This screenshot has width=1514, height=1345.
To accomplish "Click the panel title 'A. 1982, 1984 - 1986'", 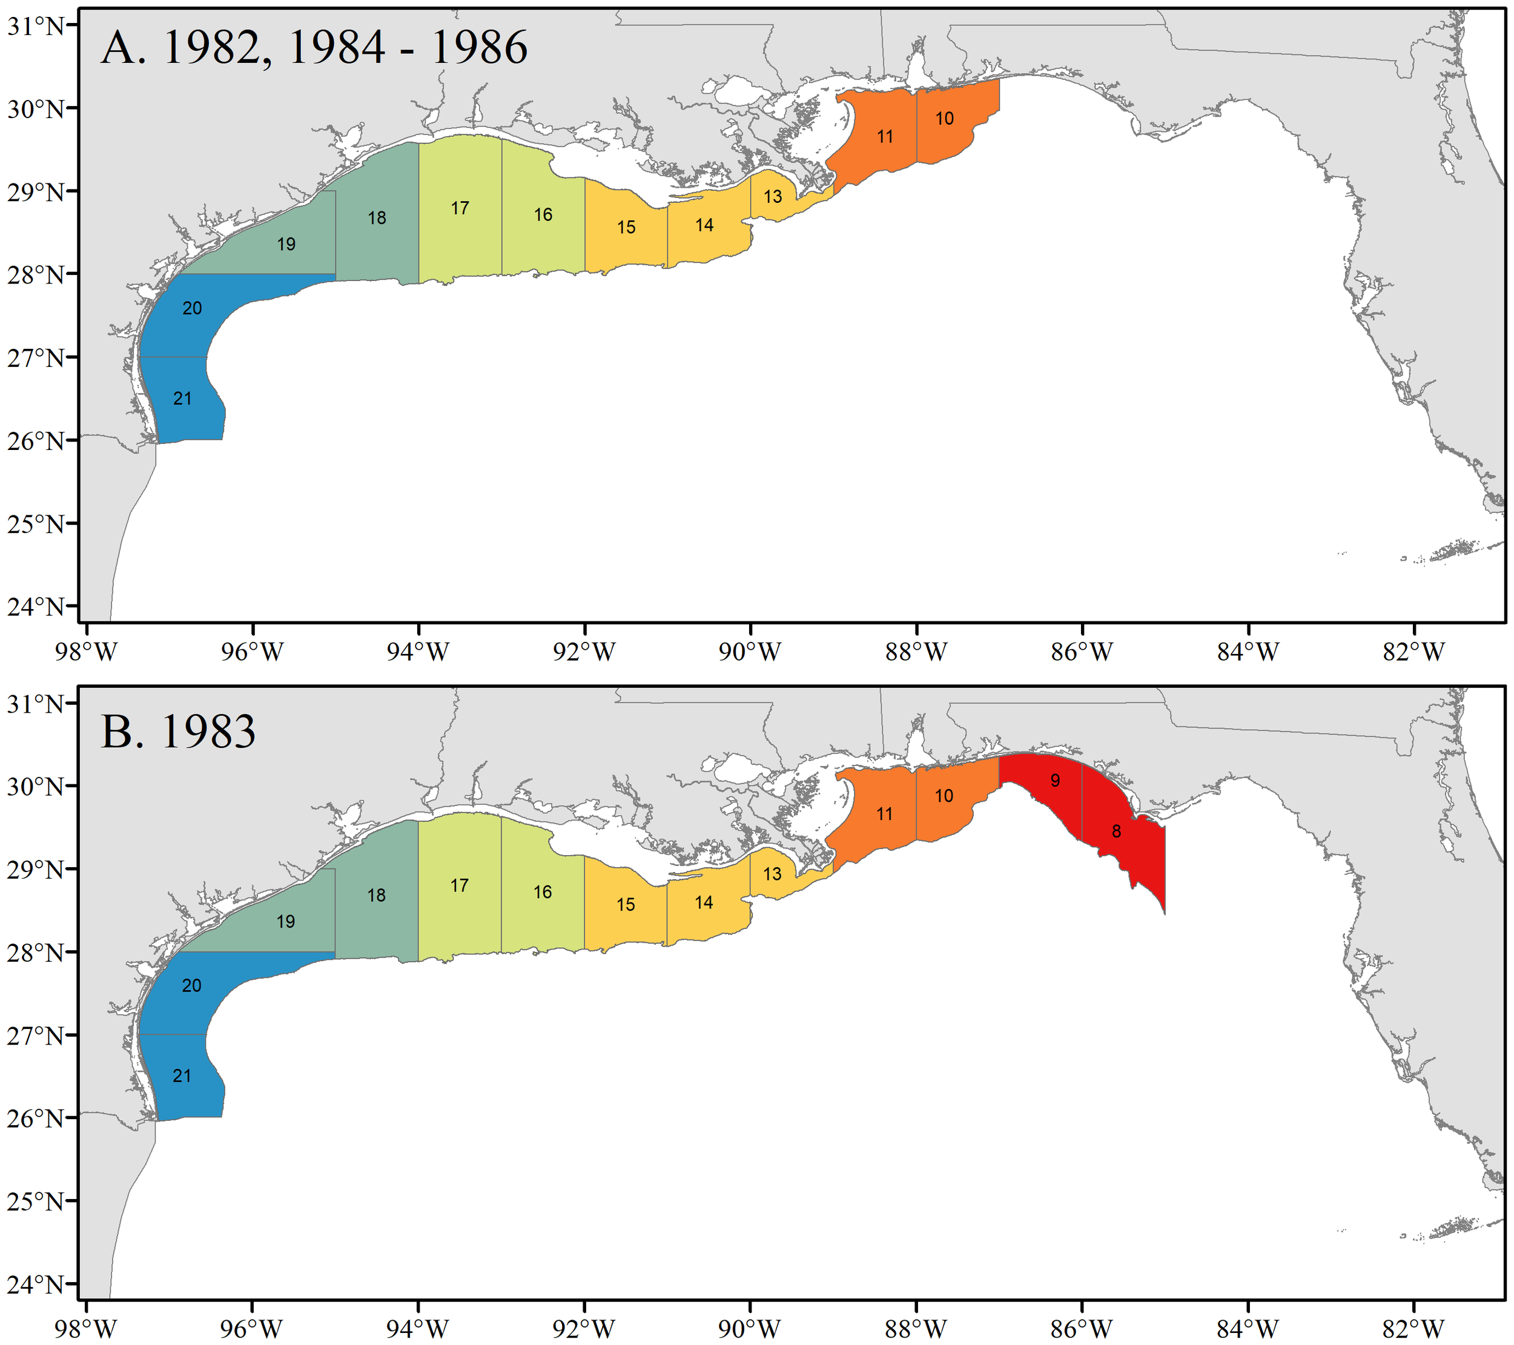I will click(x=314, y=47).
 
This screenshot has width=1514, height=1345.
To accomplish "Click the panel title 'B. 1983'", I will click(x=178, y=731).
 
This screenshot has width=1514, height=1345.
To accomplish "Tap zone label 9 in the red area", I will click(x=1055, y=780).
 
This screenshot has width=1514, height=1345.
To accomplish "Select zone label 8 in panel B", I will click(x=1116, y=831).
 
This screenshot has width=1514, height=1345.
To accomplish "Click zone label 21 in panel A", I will click(x=182, y=398).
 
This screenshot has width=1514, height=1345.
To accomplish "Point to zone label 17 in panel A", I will click(x=460, y=208).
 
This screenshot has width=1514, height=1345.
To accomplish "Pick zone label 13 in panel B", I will click(x=773, y=874).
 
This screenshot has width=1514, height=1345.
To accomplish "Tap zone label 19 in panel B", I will click(x=286, y=921).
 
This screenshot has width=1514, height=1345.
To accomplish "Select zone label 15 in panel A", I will click(x=627, y=227).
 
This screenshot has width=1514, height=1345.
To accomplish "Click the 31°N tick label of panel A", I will click(x=36, y=26).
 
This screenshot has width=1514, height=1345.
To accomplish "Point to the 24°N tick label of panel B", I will click(x=36, y=1283).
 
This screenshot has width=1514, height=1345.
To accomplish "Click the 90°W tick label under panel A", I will click(x=750, y=652).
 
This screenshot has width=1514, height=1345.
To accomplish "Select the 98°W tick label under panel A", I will click(x=86, y=652).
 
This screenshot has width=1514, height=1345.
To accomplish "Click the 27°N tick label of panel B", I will click(x=36, y=1035).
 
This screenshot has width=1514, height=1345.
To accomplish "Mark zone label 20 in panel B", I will click(x=192, y=985).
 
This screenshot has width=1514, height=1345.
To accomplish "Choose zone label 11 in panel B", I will click(x=884, y=814).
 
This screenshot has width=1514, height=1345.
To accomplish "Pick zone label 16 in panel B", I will click(x=543, y=892).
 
